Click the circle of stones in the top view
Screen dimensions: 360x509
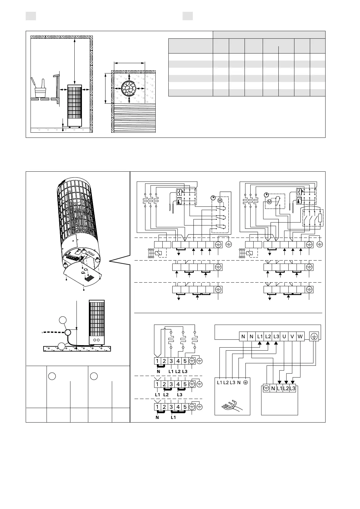point(129,89)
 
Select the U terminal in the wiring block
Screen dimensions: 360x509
point(284,336)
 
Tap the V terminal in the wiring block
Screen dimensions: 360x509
point(292,336)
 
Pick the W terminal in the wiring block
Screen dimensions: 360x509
point(300,336)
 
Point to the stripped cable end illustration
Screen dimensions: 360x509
point(232,405)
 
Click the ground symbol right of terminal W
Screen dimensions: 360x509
point(314,336)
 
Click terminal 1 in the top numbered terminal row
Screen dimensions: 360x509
point(157,361)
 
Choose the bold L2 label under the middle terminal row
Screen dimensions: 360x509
point(165,395)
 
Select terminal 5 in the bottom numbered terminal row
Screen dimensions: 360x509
point(185,407)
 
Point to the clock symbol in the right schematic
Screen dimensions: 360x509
point(266,195)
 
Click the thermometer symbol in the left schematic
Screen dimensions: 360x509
point(179,201)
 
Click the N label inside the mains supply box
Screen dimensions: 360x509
point(239,382)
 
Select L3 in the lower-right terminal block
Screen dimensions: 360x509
point(292,389)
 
